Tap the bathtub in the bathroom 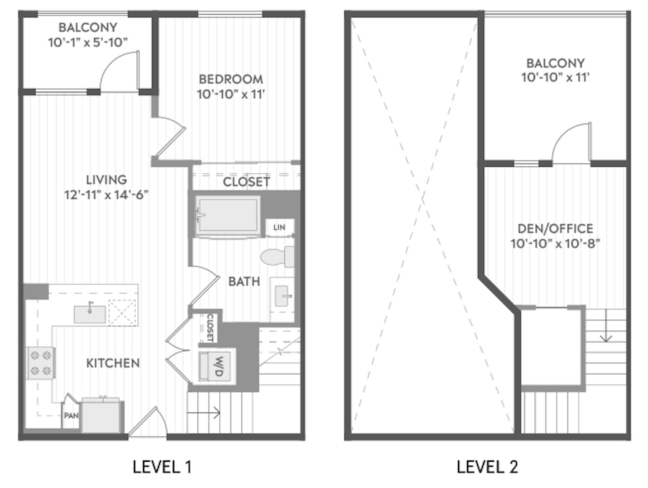(x=227, y=215)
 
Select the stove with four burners (x=41, y=363)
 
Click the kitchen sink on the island (x=89, y=314)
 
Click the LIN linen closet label (x=279, y=227)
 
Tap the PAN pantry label (x=71, y=415)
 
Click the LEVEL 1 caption (x=162, y=467)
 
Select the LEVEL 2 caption (x=487, y=467)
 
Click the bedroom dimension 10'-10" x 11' (x=231, y=94)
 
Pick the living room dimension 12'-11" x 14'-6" (x=106, y=195)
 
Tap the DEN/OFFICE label (x=555, y=229)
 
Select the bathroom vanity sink (x=282, y=296)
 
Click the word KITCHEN (x=113, y=363)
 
